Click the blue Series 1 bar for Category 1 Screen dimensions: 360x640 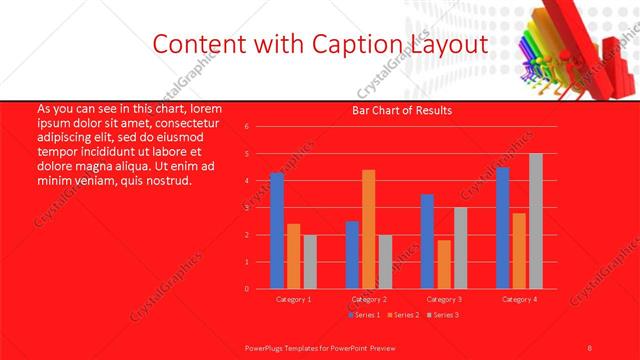click(x=277, y=231)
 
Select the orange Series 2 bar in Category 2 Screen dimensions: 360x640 click(x=369, y=229)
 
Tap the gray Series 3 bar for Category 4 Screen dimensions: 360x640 click(x=536, y=221)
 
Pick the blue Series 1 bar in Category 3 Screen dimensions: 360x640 click(x=427, y=241)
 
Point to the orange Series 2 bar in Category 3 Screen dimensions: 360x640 click(x=444, y=264)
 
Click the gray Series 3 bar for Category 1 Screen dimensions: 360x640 click(x=310, y=262)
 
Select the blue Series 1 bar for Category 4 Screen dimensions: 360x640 click(x=503, y=228)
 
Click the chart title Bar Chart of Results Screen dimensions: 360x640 click(x=402, y=110)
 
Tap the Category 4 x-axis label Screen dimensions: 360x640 click(x=518, y=299)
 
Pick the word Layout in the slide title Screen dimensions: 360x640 click(x=452, y=44)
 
